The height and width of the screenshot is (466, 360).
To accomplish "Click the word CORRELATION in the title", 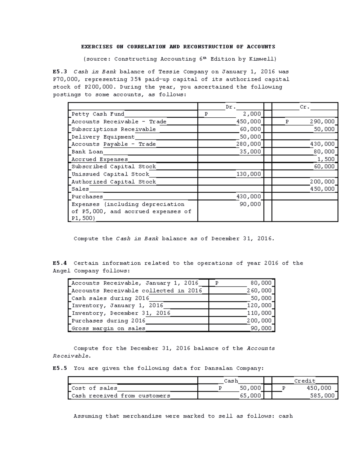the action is tap(146, 47).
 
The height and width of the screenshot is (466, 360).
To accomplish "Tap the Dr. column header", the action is tap(231, 107).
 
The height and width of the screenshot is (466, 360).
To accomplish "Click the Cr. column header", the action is tap(304, 107).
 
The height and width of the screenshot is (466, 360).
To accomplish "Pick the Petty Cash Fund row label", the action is tap(98, 114).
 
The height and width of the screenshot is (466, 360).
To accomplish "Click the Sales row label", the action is tap(80, 189).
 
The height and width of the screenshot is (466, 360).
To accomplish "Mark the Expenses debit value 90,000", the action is tap(250, 204).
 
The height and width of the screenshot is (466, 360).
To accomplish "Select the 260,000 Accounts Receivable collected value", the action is tap(259, 290).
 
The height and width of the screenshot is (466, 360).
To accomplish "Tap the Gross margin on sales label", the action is tap(108, 328).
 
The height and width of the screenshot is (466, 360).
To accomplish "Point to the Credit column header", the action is tap(304, 381).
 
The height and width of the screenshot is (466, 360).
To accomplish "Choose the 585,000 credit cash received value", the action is tap(322, 396).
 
